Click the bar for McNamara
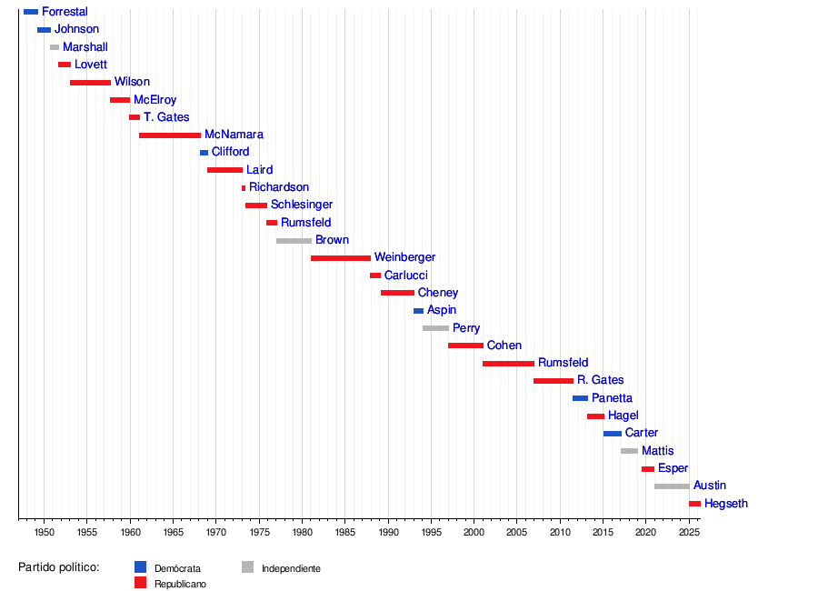170,135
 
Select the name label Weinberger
404,258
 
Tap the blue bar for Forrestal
31,12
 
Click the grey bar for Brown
294,241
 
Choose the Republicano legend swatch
140,583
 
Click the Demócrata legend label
177,568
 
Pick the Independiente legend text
291,568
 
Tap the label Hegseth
725,504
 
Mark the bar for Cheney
397,293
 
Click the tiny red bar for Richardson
244,188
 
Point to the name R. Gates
600,380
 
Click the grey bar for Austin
672,486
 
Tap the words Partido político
58,567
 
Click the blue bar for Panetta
580,398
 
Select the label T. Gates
166,117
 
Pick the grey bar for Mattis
629,451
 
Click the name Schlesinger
302,205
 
